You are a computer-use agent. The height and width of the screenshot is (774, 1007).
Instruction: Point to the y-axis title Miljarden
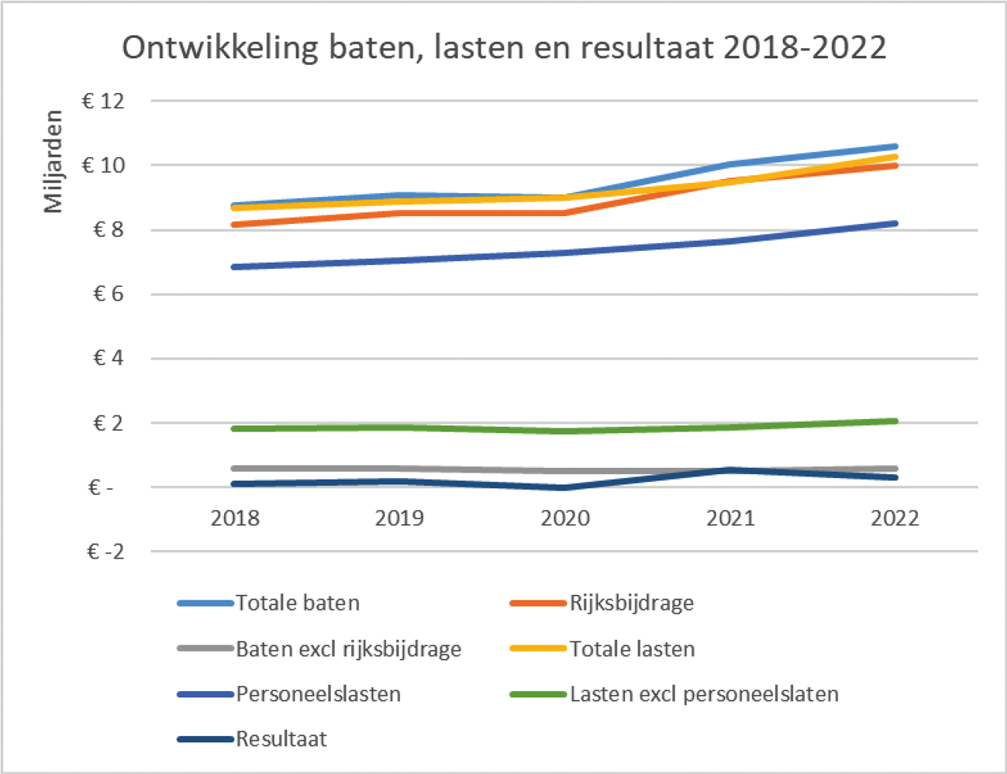pos(53,160)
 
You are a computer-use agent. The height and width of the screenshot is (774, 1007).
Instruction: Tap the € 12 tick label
pos(103,101)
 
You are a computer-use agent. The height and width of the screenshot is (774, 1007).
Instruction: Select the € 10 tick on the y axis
pos(103,165)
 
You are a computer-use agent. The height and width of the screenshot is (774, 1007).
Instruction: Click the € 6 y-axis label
pos(109,294)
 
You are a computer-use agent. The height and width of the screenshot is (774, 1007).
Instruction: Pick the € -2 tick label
pos(105,552)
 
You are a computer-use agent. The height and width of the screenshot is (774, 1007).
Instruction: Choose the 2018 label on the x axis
pos(235,518)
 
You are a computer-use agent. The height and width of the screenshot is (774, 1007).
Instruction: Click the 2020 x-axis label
pos(565,518)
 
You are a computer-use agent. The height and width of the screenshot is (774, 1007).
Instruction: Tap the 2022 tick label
pos(895,518)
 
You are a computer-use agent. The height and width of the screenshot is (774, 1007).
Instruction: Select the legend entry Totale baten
pos(297,603)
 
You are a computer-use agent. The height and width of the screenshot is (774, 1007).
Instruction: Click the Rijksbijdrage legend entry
pos(631,603)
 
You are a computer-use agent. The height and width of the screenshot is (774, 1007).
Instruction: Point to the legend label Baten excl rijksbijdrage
pos(348,648)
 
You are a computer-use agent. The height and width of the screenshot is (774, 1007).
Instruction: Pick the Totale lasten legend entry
pos(632,648)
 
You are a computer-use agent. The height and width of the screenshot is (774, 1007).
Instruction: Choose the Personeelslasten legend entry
pos(318,693)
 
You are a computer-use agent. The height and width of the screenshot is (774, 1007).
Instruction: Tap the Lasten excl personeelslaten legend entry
pos(704,693)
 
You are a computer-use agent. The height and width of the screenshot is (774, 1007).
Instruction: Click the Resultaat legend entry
pos(281,739)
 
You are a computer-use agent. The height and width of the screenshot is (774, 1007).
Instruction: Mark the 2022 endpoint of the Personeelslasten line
pos(895,224)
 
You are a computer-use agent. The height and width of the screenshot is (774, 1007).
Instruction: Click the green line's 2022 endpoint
pos(895,421)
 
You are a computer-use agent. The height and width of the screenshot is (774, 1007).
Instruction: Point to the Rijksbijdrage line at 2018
pos(235,225)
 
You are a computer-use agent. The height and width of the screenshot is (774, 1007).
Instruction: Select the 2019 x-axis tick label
pos(399,518)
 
